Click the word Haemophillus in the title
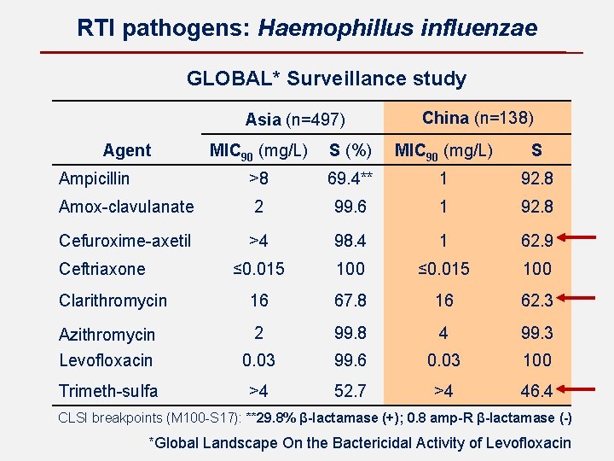point(336,29)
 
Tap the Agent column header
point(127,150)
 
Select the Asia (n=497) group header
point(295,120)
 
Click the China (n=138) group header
point(478,118)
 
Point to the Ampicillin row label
point(94,178)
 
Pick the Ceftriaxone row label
point(102,269)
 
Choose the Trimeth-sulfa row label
point(108,391)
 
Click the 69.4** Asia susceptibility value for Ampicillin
point(350,178)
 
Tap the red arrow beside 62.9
point(576,237)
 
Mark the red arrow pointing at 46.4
point(576,389)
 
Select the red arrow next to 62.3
point(576,298)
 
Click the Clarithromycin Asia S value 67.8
point(350,301)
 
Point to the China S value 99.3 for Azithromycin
point(537,333)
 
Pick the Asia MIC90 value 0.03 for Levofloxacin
point(258,360)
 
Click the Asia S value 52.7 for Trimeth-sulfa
point(350,391)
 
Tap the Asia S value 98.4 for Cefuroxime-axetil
point(350,241)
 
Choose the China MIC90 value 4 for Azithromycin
point(443,333)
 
